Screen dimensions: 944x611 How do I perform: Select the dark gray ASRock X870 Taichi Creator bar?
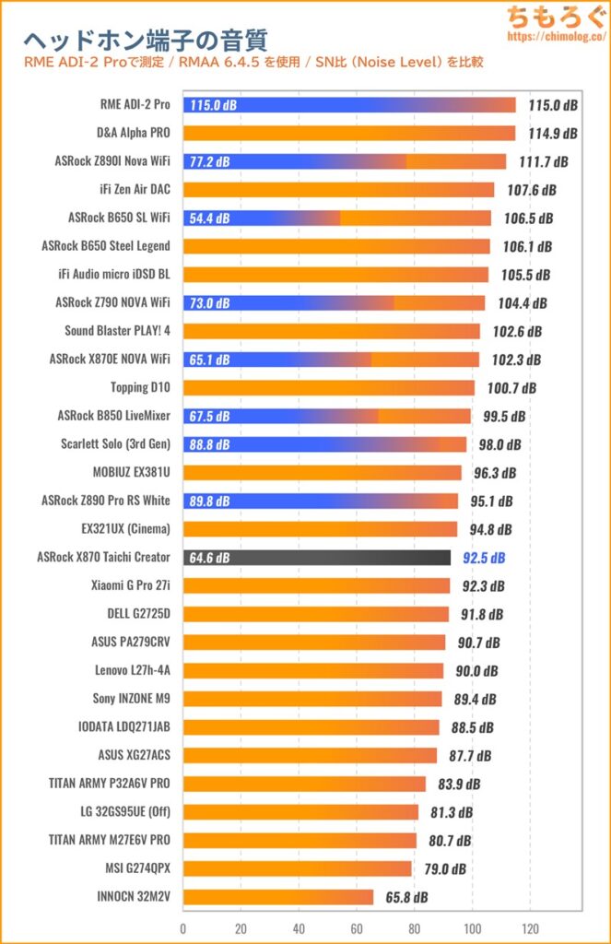[317, 557]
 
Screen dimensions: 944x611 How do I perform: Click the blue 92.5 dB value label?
[482, 558]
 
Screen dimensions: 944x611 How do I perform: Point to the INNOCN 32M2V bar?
[278, 897]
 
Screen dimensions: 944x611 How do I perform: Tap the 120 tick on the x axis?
[531, 928]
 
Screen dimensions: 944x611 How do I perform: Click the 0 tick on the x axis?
[183, 928]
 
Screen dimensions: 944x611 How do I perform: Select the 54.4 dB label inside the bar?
[212, 218]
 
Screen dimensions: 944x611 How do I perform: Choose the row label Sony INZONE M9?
[131, 699]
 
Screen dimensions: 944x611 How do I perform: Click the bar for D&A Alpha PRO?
[349, 133]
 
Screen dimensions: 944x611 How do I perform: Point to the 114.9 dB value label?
[553, 134]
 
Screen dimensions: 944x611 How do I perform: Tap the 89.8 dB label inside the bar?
[212, 501]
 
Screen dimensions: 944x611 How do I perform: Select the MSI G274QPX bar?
[298, 868]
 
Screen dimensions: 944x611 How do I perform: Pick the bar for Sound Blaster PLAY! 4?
[332, 331]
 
